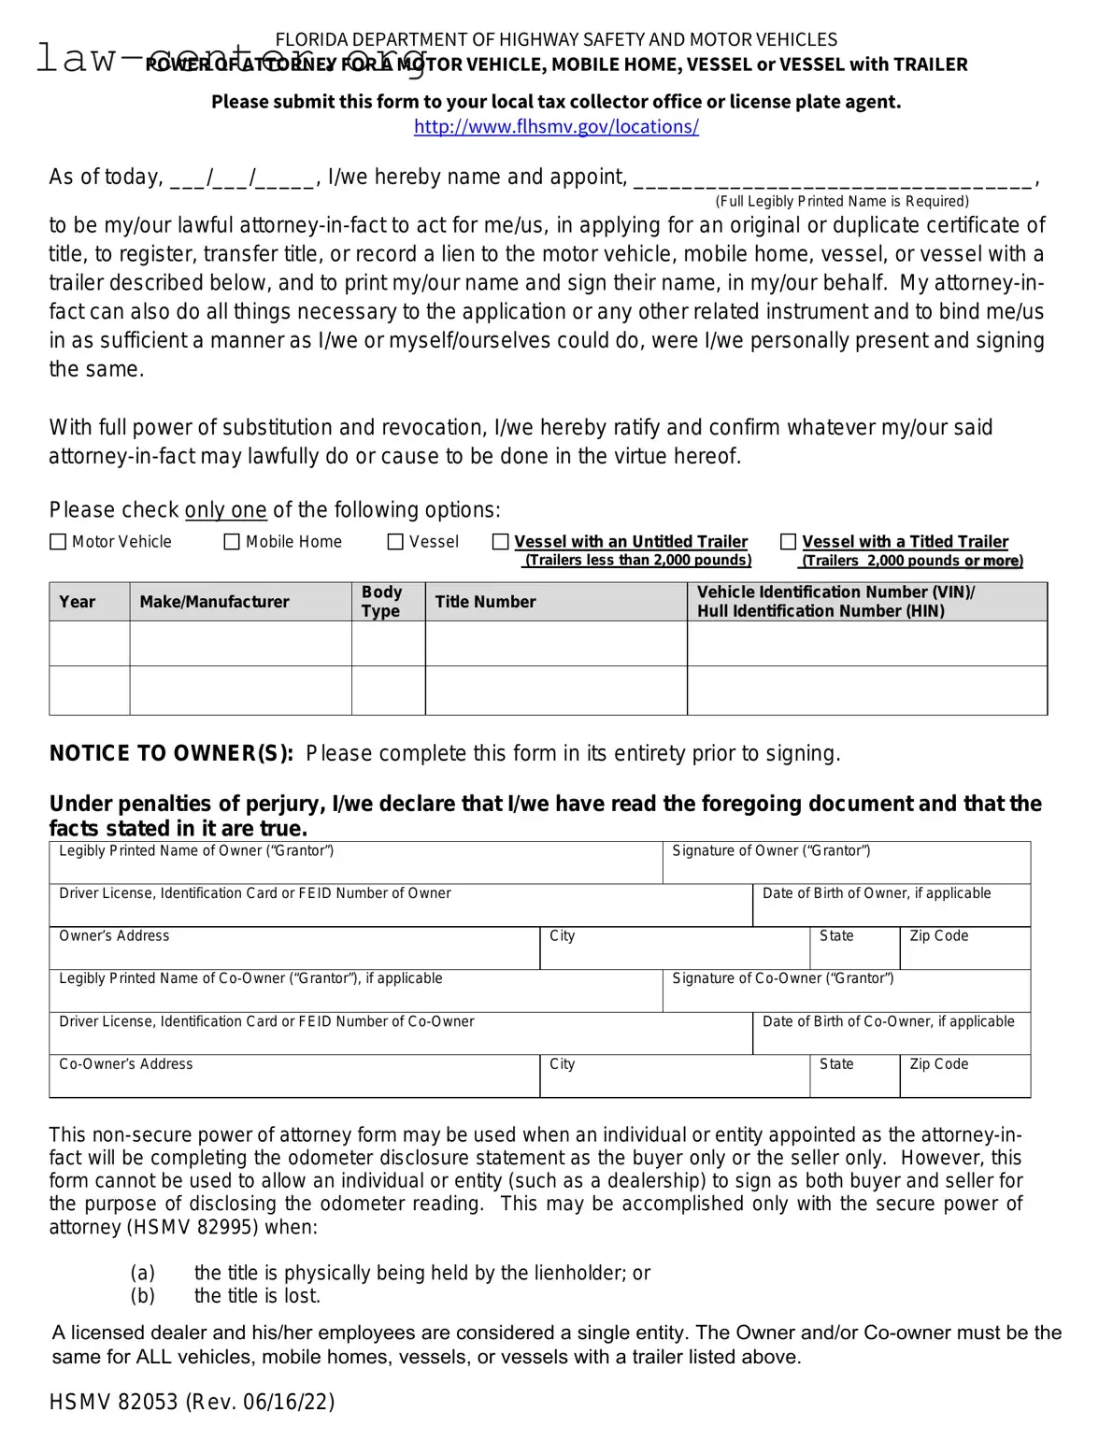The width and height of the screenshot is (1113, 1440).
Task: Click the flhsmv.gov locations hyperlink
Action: tap(556, 127)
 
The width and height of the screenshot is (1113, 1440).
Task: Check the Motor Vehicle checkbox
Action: tap(58, 542)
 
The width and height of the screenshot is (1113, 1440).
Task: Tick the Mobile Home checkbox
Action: tap(232, 542)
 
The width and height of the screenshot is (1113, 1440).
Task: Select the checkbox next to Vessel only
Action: tap(395, 542)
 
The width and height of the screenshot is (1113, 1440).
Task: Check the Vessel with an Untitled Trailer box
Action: tap(501, 542)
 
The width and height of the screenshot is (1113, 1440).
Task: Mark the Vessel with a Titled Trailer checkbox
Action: tap(788, 542)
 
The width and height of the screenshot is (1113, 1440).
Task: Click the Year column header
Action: tap(78, 602)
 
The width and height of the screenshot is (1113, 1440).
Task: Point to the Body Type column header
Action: tap(381, 602)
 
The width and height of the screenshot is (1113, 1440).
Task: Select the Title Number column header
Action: tap(485, 602)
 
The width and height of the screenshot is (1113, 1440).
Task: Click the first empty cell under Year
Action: tap(89, 644)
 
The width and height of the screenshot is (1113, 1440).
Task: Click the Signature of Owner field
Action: tap(846, 868)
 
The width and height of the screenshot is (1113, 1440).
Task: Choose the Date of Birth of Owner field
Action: tap(891, 910)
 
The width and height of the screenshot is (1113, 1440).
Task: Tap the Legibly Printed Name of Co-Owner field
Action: tap(355, 995)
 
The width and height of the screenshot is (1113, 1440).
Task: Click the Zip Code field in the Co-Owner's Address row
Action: tap(964, 1081)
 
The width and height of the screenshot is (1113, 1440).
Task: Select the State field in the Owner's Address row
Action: tap(853, 953)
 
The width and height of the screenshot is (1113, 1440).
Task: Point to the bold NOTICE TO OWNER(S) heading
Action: tap(171, 753)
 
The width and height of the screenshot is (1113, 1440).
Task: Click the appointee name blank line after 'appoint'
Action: tap(834, 178)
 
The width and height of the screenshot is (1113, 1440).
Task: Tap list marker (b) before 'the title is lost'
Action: tap(142, 1296)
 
